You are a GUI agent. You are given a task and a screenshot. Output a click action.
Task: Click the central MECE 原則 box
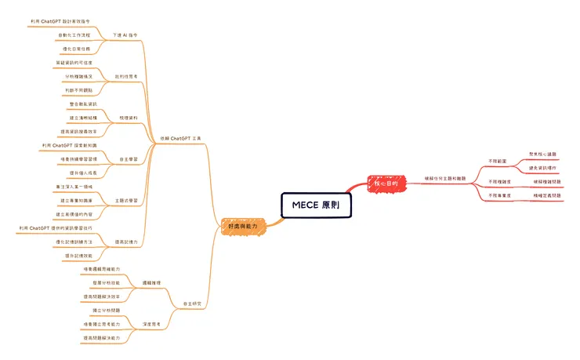pyautogui.click(x=316, y=205)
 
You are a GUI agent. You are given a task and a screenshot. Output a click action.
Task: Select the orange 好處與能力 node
pyautogui.click(x=243, y=225)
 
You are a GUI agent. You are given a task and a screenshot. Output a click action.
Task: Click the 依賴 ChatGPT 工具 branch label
pyautogui.click(x=181, y=137)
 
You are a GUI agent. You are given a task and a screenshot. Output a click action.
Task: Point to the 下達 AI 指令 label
pyautogui.click(x=125, y=35)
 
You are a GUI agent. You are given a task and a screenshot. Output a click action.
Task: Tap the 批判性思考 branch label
pyautogui.click(x=126, y=76)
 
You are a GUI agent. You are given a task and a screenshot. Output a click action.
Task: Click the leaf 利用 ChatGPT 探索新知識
pyautogui.click(x=70, y=146)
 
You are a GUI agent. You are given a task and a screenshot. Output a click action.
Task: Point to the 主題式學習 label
pyautogui.click(x=126, y=200)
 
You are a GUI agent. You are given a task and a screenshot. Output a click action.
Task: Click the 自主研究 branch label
pyautogui.click(x=193, y=303)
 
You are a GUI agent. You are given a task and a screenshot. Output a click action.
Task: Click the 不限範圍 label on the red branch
pyautogui.click(x=497, y=161)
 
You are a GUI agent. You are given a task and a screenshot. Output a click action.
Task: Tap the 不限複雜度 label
pyautogui.click(x=499, y=181)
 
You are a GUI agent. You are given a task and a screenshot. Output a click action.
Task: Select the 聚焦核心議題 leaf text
pyautogui.click(x=543, y=155)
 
